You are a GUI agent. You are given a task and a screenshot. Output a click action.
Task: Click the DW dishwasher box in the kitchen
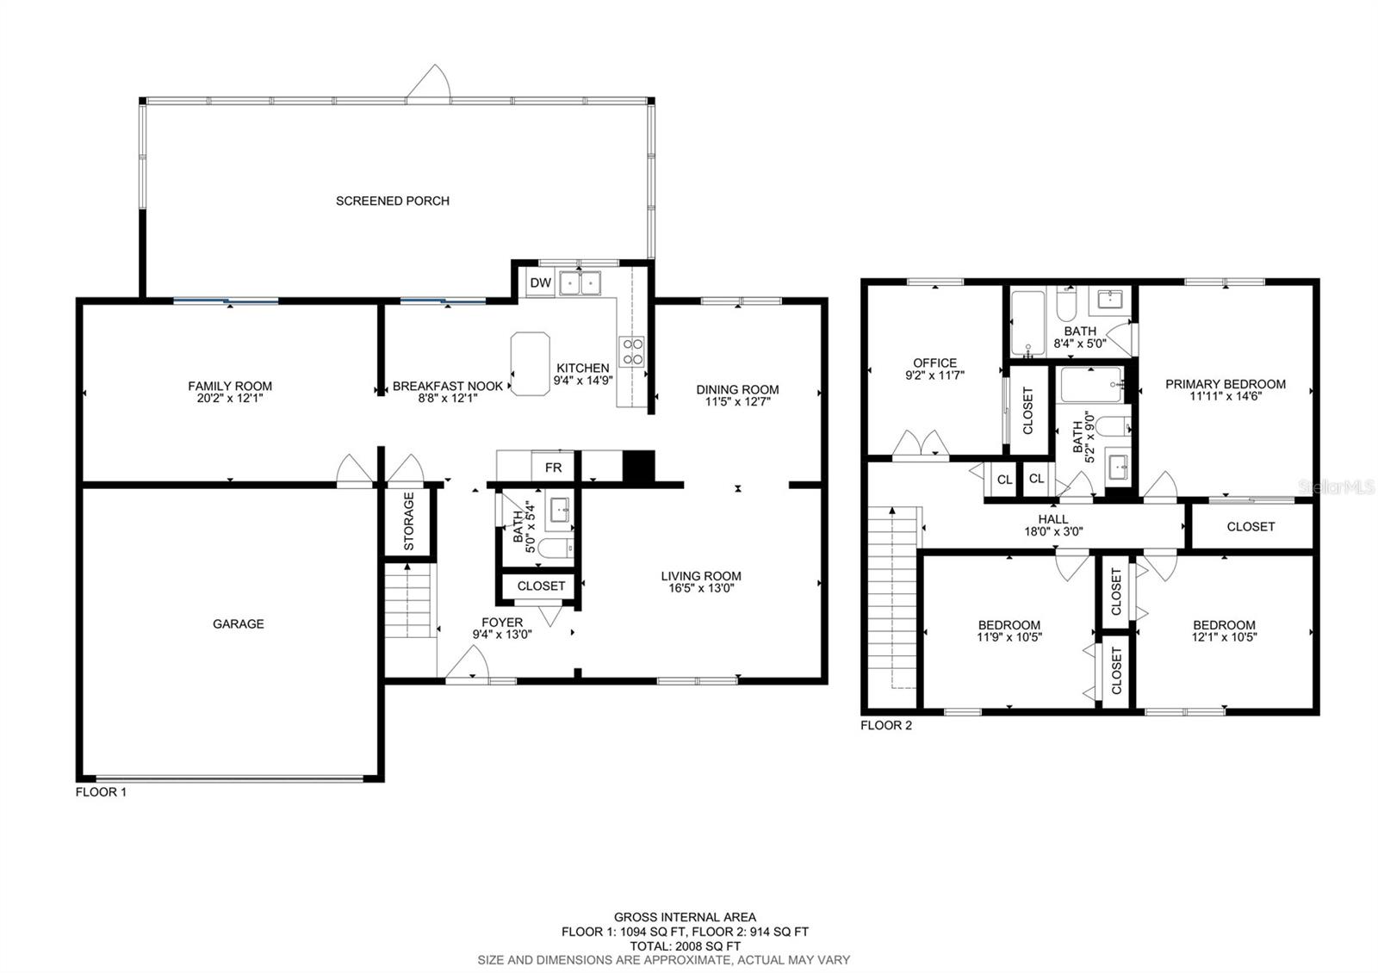(540, 283)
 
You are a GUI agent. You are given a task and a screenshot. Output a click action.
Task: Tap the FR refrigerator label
(553, 468)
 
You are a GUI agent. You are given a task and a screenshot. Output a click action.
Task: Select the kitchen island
(531, 364)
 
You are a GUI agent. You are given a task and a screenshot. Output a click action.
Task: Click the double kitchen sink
(580, 282)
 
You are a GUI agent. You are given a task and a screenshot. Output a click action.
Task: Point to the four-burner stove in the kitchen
(633, 350)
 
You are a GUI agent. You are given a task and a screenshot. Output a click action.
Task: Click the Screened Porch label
(393, 201)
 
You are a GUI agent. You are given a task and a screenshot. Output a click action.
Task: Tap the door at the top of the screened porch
(430, 85)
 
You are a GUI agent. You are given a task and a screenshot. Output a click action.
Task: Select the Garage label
(239, 623)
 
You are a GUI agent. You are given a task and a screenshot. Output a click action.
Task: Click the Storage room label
(409, 521)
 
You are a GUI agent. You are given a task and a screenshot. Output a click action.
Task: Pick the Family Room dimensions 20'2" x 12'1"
(230, 399)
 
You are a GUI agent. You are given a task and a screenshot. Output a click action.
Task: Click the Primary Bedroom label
(1225, 384)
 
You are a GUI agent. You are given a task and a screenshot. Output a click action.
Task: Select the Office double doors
(921, 443)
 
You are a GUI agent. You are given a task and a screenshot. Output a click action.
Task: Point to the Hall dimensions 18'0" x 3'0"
(1052, 532)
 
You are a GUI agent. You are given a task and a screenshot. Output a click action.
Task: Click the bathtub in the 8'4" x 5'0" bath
(1027, 323)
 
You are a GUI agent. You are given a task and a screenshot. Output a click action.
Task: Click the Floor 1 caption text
(101, 792)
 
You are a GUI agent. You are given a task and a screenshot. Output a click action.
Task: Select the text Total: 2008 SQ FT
(685, 945)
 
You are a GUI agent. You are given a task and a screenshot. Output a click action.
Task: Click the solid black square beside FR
(638, 467)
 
